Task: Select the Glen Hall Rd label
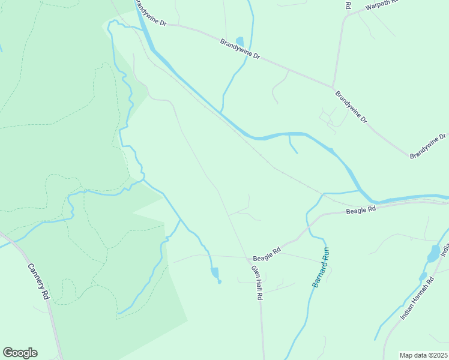point(258,283)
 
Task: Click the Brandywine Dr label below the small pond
point(240,49)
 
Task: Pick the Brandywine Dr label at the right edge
point(429,146)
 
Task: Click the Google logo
point(20,353)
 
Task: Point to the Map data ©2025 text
point(424,355)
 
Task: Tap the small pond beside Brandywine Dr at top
point(240,41)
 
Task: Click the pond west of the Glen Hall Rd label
point(215,273)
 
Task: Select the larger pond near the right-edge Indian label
point(433,254)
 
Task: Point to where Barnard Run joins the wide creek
point(360,191)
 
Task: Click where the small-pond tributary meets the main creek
point(221,112)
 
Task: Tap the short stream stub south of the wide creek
point(293,145)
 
